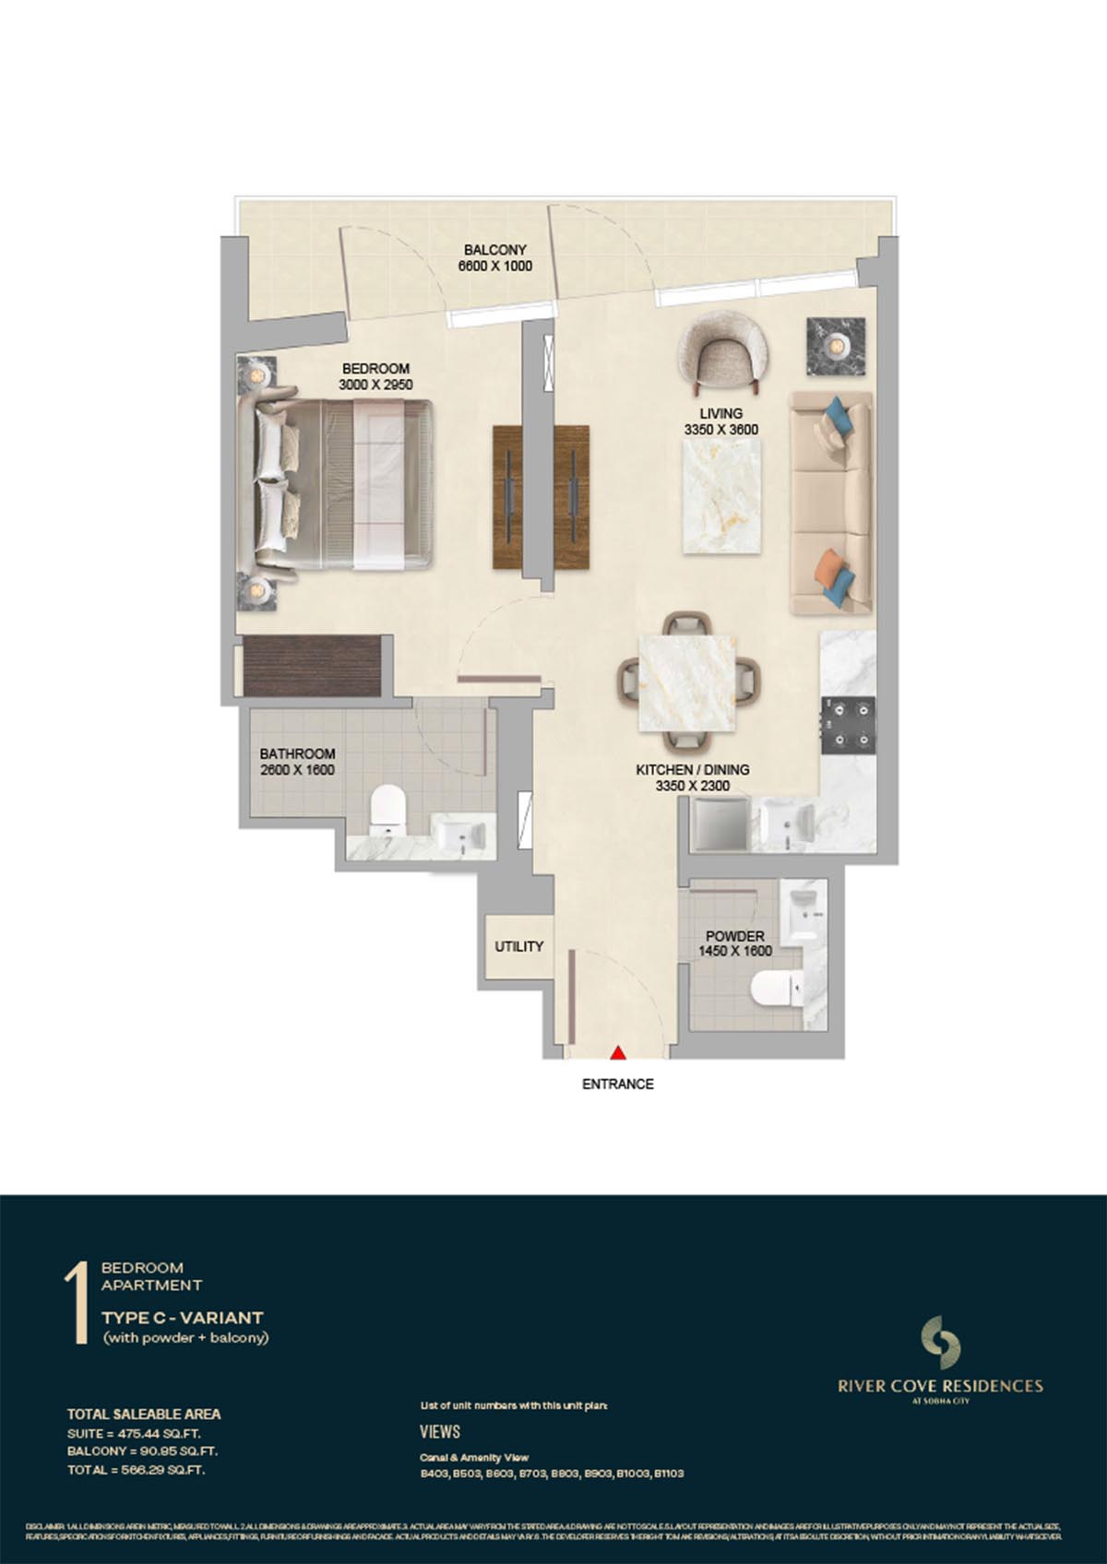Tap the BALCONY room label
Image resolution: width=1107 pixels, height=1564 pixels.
[494, 250]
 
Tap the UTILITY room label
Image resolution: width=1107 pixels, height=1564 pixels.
[518, 946]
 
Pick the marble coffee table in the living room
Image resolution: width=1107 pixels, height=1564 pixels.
[722, 496]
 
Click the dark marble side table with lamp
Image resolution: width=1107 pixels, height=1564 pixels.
[837, 347]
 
